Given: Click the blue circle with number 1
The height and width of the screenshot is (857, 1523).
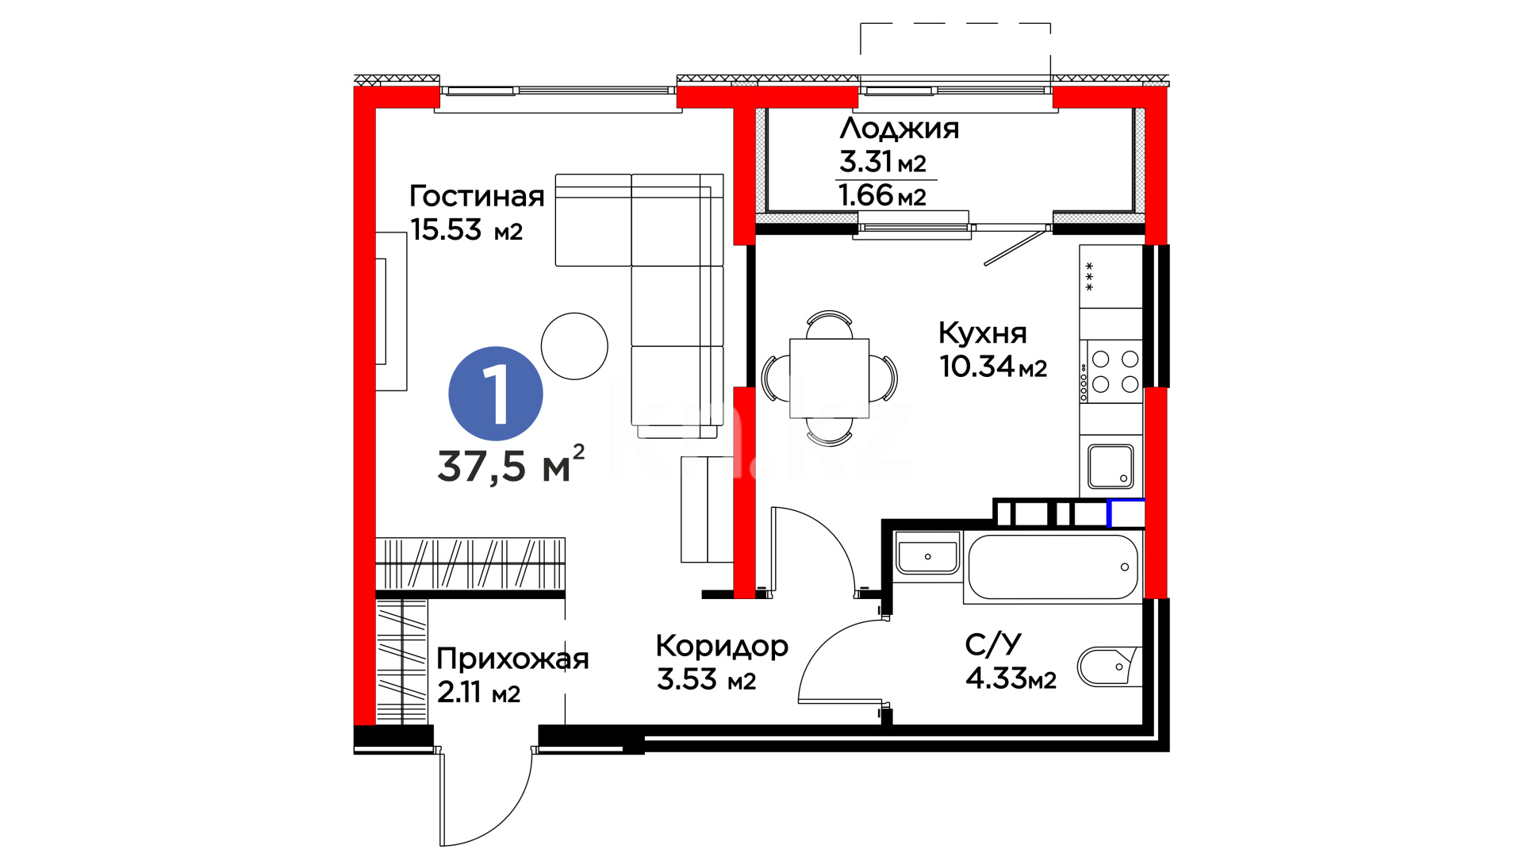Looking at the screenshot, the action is [x=496, y=394].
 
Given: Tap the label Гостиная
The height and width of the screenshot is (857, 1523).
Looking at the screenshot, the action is [x=477, y=196].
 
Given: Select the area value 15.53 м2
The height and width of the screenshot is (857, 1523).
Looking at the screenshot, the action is [x=466, y=230].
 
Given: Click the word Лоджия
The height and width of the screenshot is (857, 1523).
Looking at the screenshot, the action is [x=900, y=129].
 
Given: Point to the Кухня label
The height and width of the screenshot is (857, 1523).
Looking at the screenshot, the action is [x=983, y=332].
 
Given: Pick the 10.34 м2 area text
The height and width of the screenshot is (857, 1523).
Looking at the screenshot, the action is [x=993, y=367].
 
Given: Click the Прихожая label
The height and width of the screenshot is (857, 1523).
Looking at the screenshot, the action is [x=512, y=659].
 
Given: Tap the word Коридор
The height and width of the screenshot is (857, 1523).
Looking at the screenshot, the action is [x=722, y=647].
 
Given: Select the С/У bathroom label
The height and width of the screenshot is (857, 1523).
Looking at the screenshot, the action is [x=993, y=644].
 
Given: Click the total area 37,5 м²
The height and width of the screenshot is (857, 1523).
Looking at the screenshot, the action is [x=511, y=465].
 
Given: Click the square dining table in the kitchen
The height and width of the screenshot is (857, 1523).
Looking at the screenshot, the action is [x=830, y=378].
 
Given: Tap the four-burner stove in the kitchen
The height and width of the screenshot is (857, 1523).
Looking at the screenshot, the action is [x=1114, y=371].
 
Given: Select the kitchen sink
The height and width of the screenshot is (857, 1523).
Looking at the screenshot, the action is [x=1111, y=466].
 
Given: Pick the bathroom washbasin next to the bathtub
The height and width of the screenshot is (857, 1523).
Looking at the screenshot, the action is [x=927, y=552].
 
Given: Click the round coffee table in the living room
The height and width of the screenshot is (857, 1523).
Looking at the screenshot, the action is [x=574, y=346].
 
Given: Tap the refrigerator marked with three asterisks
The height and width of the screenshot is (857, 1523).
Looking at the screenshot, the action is [x=1111, y=276].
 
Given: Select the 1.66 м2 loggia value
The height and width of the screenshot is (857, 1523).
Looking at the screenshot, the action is [x=882, y=195].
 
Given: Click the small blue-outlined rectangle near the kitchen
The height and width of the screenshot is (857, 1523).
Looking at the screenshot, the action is [x=1126, y=513].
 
